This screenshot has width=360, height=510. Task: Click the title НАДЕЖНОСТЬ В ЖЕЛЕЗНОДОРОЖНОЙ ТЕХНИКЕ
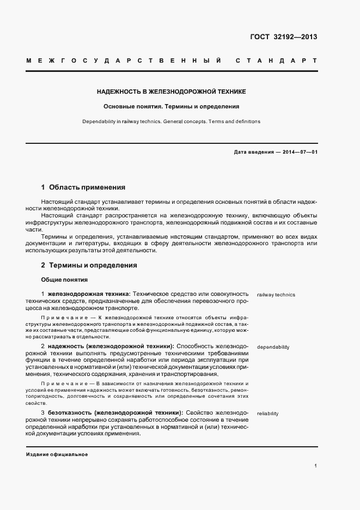click(172, 93)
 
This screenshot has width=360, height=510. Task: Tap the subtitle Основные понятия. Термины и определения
click(172, 107)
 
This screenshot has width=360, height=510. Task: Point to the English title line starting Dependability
click(172, 122)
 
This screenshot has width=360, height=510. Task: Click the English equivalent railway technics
click(276, 295)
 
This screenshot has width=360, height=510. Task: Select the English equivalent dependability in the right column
click(273, 347)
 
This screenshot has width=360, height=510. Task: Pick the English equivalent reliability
click(267, 414)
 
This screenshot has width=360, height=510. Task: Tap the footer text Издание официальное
click(57, 454)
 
